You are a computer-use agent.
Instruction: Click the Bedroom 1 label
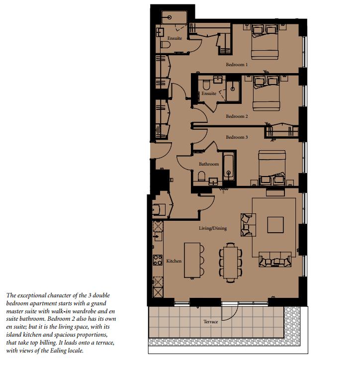(x=237, y=65)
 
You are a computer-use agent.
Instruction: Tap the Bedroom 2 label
(x=237, y=116)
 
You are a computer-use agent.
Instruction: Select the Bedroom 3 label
(x=237, y=137)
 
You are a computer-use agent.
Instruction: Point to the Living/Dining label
(x=213, y=228)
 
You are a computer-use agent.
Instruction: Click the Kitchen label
(x=174, y=261)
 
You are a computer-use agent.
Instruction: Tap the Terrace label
(x=211, y=322)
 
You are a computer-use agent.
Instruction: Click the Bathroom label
(x=209, y=164)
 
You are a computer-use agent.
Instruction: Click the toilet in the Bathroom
(x=201, y=176)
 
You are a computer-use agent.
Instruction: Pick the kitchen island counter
(x=192, y=260)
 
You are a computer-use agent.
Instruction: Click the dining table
(x=230, y=263)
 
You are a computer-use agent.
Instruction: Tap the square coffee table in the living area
(x=275, y=225)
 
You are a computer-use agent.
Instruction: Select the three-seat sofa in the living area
(x=275, y=259)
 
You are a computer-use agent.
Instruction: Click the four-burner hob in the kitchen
(x=158, y=260)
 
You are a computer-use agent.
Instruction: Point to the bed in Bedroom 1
(x=265, y=41)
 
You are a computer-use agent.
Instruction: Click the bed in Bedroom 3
(x=272, y=168)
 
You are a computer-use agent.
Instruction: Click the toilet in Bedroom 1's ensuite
(x=166, y=45)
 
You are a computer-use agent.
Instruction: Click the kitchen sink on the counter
(x=158, y=237)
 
